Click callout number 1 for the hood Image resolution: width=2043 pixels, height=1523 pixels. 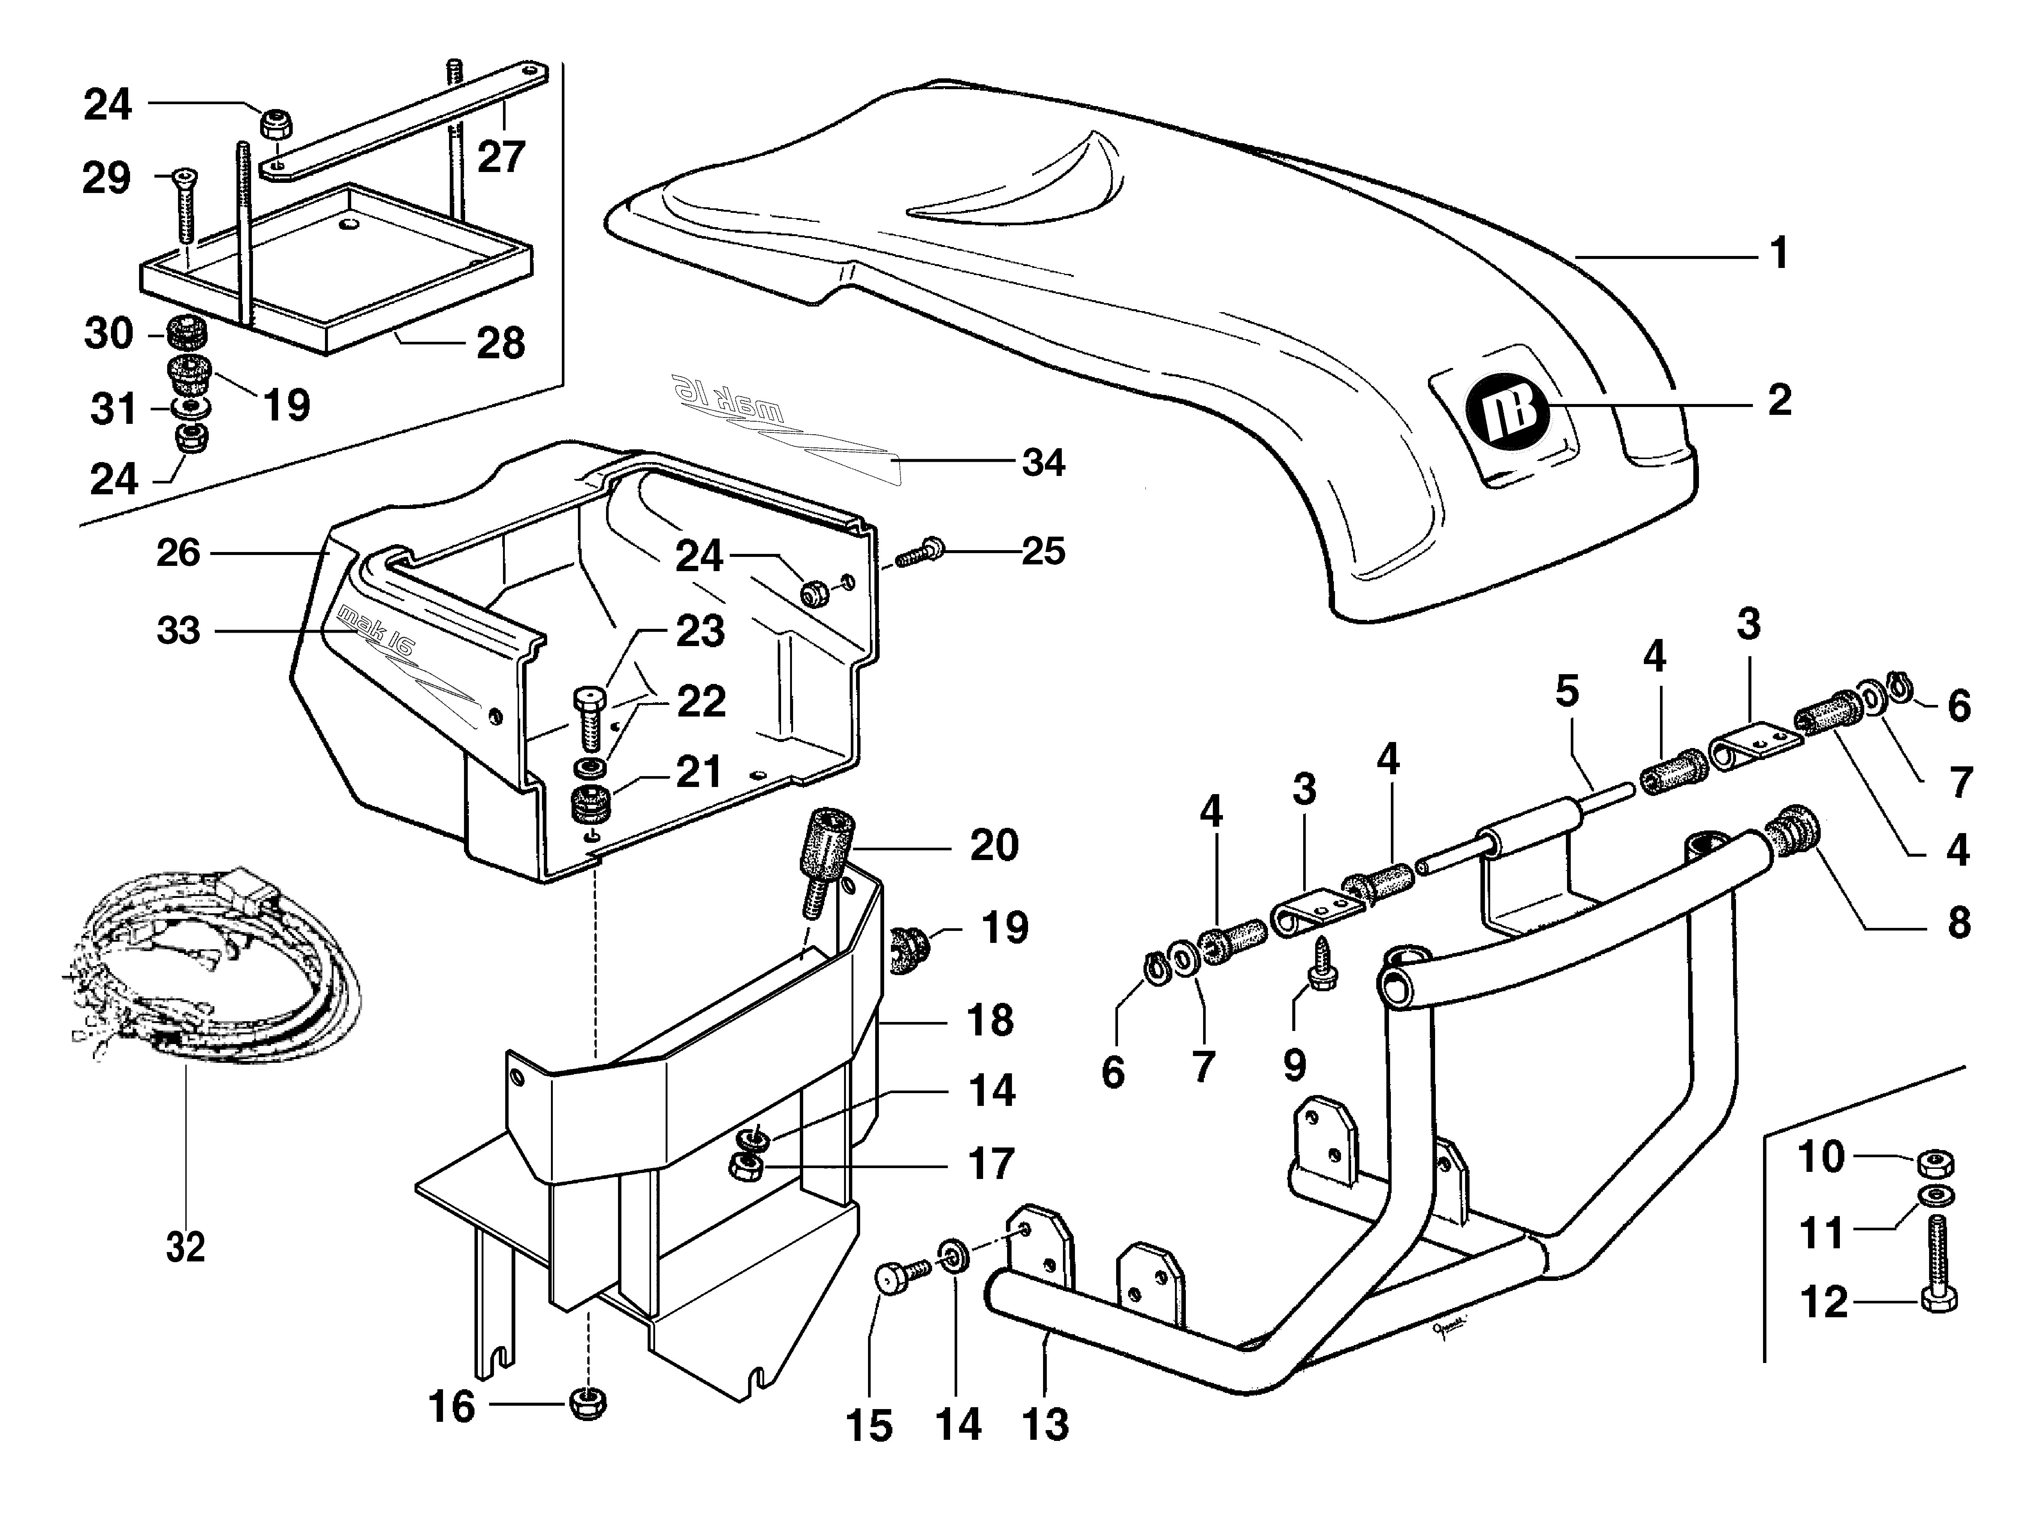[1779, 254]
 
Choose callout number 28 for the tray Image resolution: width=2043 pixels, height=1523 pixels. [501, 343]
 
